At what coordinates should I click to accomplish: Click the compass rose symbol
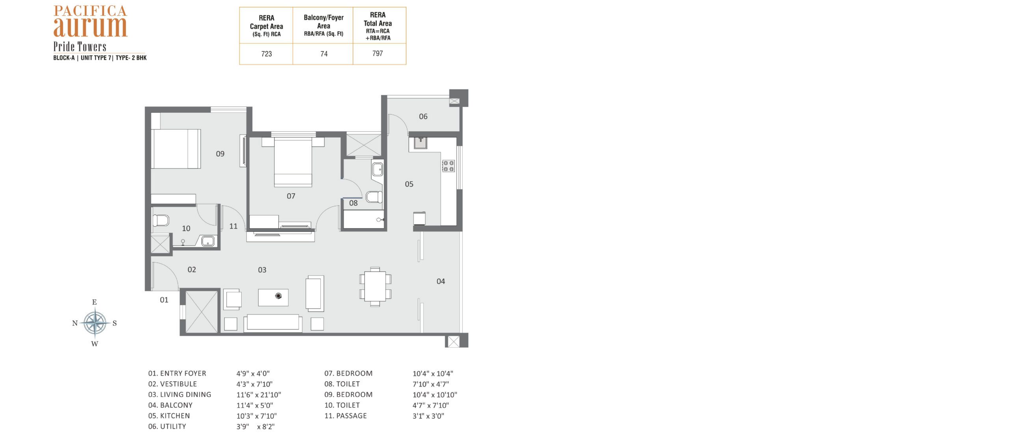point(95,323)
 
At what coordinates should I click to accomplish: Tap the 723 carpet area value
point(266,54)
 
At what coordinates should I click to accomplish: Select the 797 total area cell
point(378,53)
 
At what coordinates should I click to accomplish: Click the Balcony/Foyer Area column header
point(324,25)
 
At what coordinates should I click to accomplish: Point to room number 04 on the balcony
point(441,281)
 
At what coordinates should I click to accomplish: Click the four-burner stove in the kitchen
point(448,166)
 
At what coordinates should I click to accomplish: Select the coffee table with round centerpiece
point(273,297)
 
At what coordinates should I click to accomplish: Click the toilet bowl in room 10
point(161,220)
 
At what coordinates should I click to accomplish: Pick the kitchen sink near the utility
point(421,142)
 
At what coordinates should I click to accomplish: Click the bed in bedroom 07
point(293,162)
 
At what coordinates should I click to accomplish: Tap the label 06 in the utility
point(423,116)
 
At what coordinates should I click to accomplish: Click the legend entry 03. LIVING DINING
point(180,394)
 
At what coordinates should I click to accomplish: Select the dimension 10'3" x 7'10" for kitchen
point(257,416)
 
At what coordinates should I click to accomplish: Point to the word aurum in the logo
point(90,26)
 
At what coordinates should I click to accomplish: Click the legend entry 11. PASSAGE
point(346,416)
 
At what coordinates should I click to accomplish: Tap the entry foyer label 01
point(164,300)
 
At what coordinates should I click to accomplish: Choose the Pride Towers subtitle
point(80,47)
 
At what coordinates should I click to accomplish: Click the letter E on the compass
point(95,302)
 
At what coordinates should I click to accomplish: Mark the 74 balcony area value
point(324,54)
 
